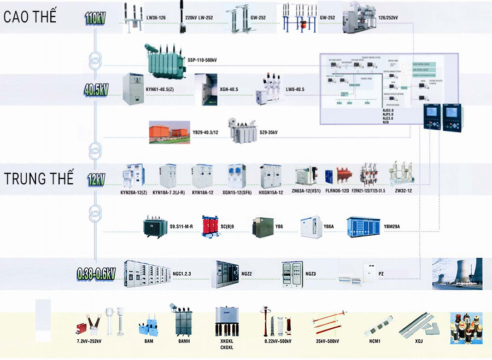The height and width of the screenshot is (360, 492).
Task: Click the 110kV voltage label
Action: click(x=95, y=18)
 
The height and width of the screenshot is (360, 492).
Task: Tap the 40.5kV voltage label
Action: click(x=96, y=90)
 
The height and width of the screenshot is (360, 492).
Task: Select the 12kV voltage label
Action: click(x=96, y=179)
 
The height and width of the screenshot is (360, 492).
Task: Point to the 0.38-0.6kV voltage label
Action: click(x=96, y=273)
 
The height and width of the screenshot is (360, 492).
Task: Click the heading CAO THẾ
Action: click(x=30, y=17)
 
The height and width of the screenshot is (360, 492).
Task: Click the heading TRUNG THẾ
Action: click(x=38, y=179)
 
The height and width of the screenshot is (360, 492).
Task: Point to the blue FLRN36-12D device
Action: click(x=330, y=176)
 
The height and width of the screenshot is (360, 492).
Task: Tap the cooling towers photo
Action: click(x=457, y=274)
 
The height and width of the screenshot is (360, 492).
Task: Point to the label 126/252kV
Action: click(x=388, y=18)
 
